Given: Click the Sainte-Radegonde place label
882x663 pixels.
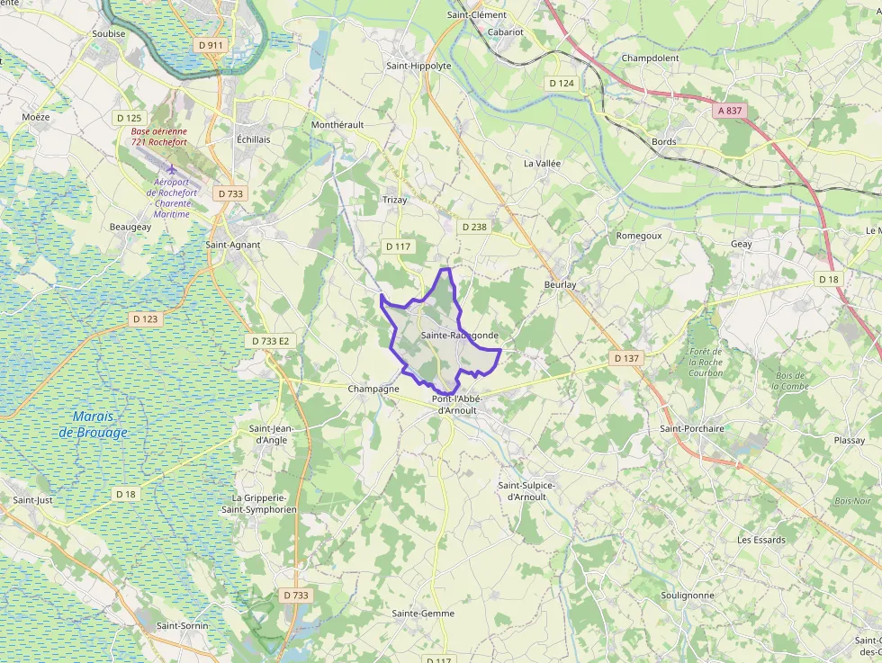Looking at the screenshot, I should (459, 336).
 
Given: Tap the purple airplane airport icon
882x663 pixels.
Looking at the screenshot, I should (172, 169).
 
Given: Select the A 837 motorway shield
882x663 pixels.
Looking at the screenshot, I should (730, 111).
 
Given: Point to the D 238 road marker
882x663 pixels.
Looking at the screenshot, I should (474, 228).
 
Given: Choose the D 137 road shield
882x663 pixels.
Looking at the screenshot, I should (626, 358).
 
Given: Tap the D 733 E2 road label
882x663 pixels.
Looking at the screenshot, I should (271, 342).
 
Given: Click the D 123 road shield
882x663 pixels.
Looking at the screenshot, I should (145, 319).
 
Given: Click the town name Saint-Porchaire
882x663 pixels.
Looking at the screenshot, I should (692, 429).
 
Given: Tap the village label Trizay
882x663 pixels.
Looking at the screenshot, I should (394, 200).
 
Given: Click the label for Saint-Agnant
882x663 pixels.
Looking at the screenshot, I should (233, 245).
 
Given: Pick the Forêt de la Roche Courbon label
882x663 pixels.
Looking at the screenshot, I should (706, 362).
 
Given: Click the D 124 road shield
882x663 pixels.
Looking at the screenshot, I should (561, 84).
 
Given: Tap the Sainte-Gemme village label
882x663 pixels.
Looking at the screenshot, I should (423, 614).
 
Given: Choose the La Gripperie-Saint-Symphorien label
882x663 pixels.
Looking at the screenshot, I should (264, 504).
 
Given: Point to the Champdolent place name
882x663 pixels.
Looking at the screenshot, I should (650, 58).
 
